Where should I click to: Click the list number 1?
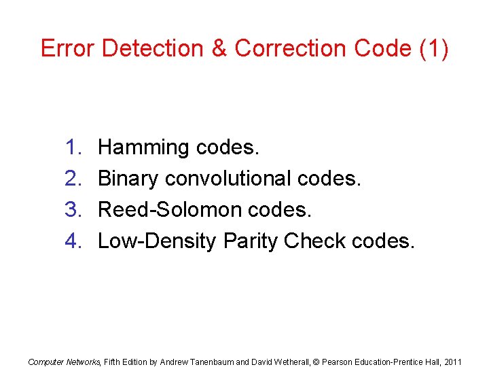pyautogui.click(x=73, y=147)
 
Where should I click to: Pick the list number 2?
pyautogui.click(x=73, y=179)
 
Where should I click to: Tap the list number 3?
pyautogui.click(x=73, y=210)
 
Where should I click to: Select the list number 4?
pyautogui.click(x=73, y=241)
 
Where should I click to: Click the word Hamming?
pyautogui.click(x=143, y=147)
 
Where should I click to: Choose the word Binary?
pyautogui.click(x=128, y=179)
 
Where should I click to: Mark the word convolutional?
pyautogui.click(x=228, y=179)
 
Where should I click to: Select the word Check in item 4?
pyautogui.click(x=313, y=241)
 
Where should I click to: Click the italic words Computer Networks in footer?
pyautogui.click(x=63, y=362)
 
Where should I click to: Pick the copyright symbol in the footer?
pyautogui.click(x=316, y=362)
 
